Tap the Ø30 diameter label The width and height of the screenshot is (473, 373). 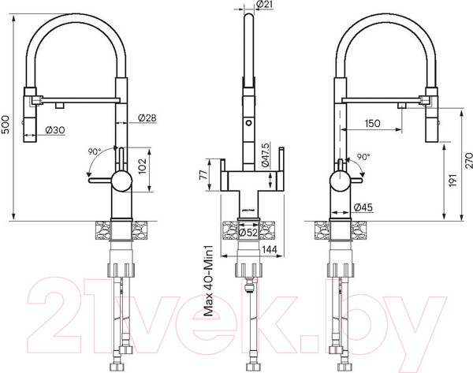[54, 130]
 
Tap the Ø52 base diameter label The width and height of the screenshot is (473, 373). [249, 232]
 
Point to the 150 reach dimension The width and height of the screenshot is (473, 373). [375, 124]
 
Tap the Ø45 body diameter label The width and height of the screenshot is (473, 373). [364, 207]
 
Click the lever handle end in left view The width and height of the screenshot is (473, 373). [92, 181]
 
